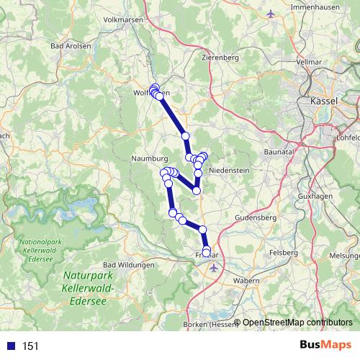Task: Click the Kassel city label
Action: (x=324, y=102)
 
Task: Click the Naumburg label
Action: (x=150, y=158)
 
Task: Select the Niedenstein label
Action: (x=228, y=171)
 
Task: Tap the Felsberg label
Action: (x=283, y=253)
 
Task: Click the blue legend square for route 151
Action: (x=12, y=346)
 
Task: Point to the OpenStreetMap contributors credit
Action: (x=297, y=323)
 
